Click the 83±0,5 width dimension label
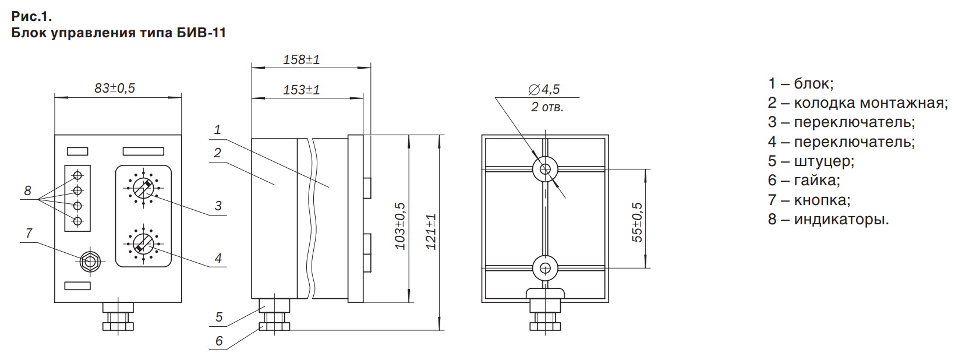pos(115,88)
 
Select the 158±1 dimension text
pos(302,60)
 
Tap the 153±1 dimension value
pos(302,90)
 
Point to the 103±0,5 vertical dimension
pos(400,226)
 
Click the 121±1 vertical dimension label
pos(431,232)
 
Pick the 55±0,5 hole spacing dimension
pos(637,222)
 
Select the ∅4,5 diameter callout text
pos(544,89)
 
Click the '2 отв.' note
pos(547,107)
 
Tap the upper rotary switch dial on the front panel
pos(143,188)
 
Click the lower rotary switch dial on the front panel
pos(143,243)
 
